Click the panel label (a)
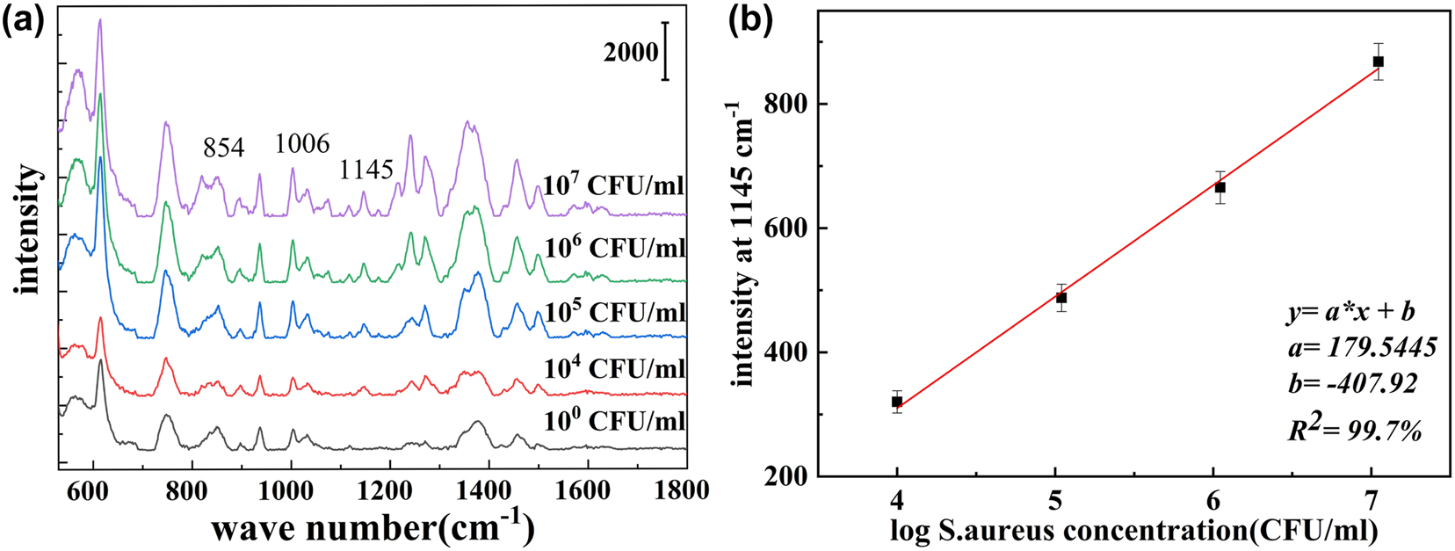pos(24,20)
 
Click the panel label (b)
pos(752,20)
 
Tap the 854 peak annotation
pos(223,148)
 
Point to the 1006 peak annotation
pos(302,143)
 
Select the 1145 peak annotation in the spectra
pos(366,170)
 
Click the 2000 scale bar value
pos(630,53)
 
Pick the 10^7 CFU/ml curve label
pos(614,186)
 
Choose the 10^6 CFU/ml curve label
pos(614,248)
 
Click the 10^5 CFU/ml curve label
pos(614,312)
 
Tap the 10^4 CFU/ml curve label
pos(614,368)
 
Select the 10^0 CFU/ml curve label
pos(614,421)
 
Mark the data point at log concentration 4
pos(897,402)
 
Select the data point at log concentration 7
pos(1379,62)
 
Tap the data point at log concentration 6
pos(1220,187)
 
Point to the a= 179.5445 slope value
pos(1357,348)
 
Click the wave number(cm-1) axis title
pos(373,528)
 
